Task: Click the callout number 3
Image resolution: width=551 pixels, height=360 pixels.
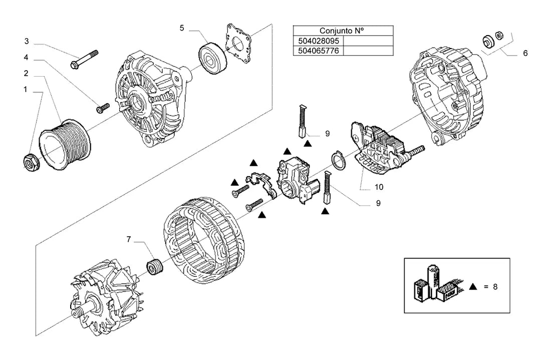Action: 27,42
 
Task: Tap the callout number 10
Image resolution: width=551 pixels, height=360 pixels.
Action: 379,187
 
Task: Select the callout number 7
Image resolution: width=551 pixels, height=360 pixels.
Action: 129,239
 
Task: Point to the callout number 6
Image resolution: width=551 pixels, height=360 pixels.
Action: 525,53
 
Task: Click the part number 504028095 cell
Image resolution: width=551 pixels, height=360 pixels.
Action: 319,41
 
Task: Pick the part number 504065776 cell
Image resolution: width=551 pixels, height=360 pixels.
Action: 319,51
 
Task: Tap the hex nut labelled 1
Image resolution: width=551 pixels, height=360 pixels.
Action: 31,163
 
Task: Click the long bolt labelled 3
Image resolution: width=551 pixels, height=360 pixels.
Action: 84,60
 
